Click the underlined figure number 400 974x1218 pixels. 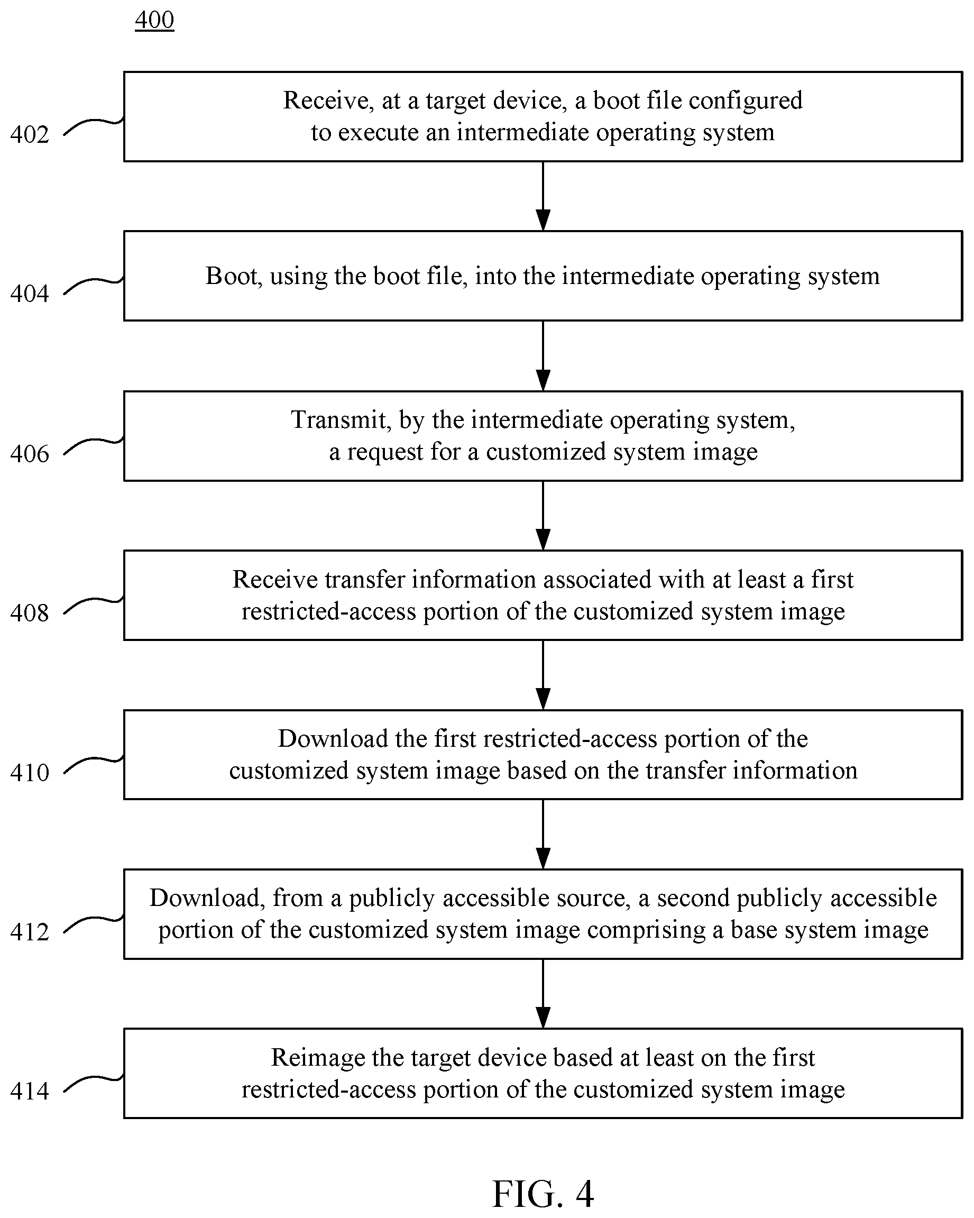coord(154,20)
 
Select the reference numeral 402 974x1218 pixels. coord(30,134)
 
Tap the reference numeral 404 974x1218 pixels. coord(30,294)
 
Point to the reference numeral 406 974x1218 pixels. coord(30,454)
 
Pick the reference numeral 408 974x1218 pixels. coord(30,613)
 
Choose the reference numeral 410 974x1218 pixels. coord(30,773)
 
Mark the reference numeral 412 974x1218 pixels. coord(30,932)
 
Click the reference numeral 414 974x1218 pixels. coord(30,1092)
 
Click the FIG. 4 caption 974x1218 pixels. coord(543,1194)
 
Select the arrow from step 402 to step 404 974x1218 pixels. coord(543,196)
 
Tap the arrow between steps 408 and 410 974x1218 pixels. coord(543,675)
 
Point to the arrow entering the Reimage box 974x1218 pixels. coord(543,994)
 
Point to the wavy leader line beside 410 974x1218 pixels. coord(94,765)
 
